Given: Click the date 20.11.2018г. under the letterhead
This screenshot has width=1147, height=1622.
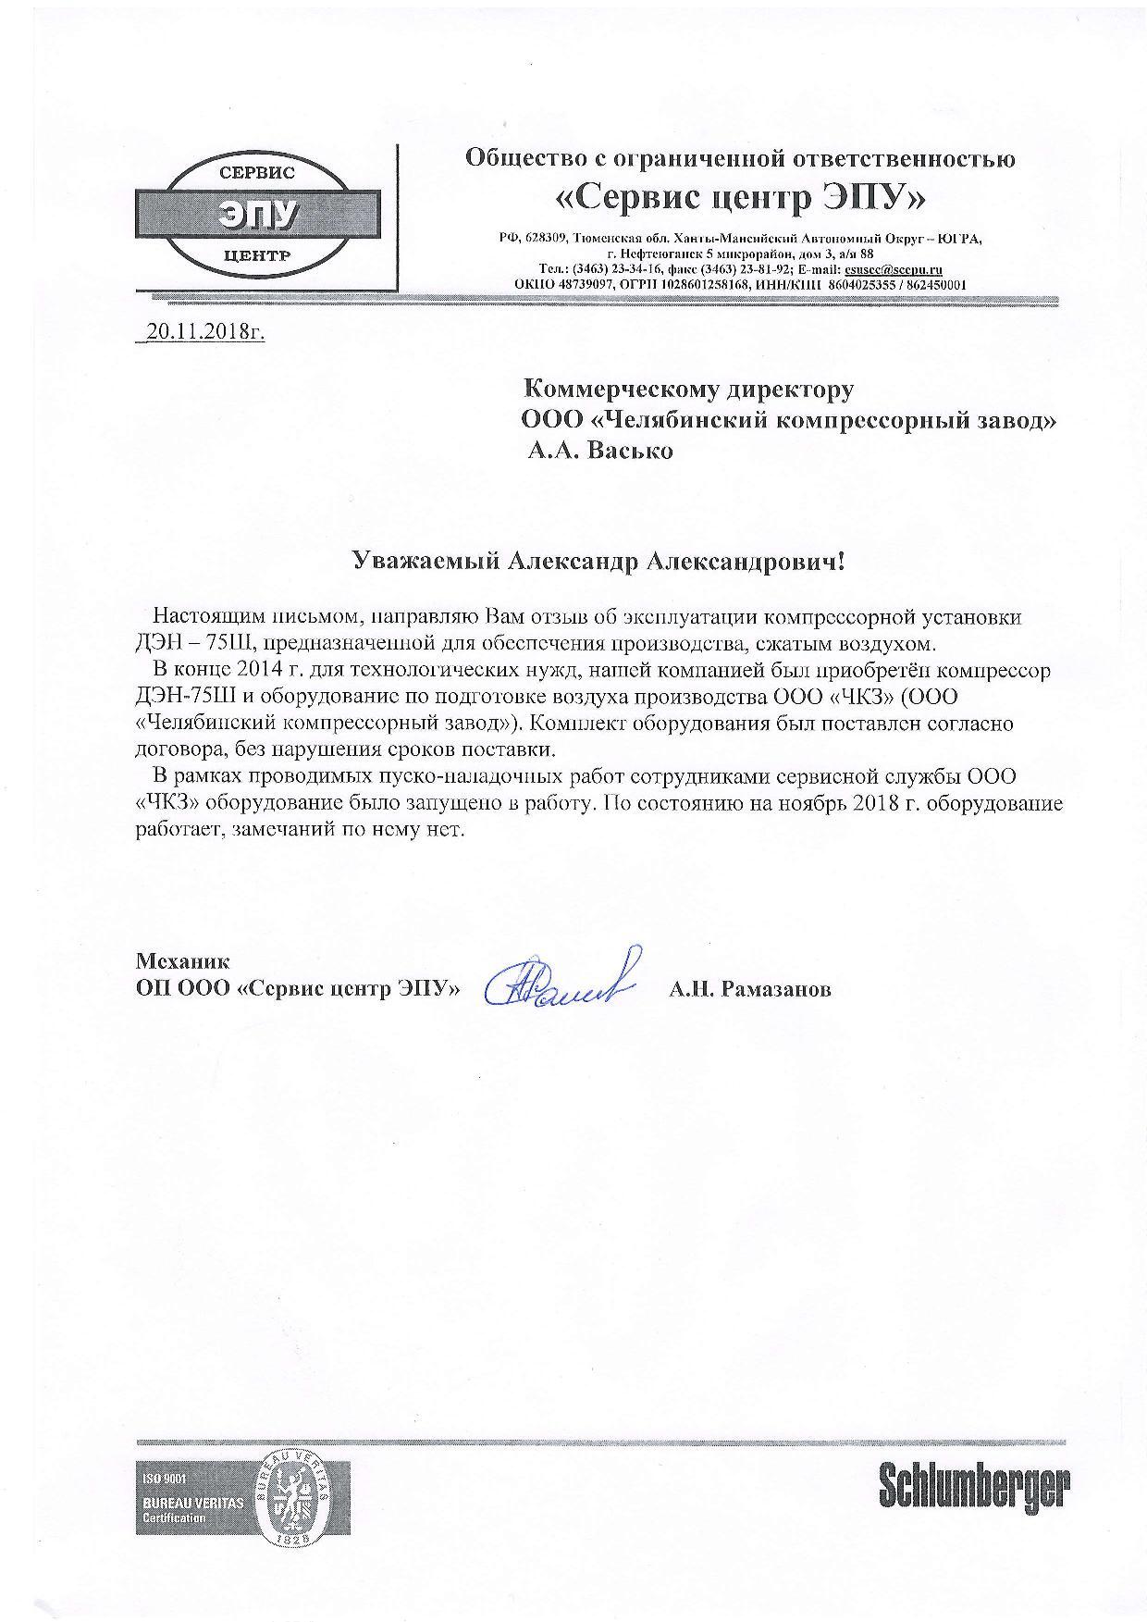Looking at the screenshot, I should pyautogui.click(x=203, y=332).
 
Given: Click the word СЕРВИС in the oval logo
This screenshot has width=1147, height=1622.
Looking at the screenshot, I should pyautogui.click(x=256, y=173).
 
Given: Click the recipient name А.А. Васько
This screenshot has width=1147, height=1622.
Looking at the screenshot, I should pyautogui.click(x=600, y=452).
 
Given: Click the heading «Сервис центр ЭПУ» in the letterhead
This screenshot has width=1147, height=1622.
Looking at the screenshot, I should pyautogui.click(x=740, y=198).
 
